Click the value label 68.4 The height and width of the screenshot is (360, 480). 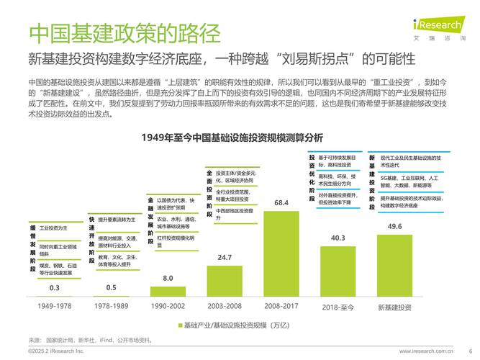[281, 204]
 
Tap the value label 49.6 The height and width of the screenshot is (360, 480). [394, 227]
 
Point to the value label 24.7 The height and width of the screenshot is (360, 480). [225, 257]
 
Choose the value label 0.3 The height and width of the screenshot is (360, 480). [54, 288]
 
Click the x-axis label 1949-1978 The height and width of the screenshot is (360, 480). [54, 307]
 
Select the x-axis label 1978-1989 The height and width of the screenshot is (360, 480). [111, 307]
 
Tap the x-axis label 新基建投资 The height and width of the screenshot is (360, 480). [394, 307]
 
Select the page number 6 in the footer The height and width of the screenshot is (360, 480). [470, 351]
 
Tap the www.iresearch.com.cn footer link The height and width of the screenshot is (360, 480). [426, 351]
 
